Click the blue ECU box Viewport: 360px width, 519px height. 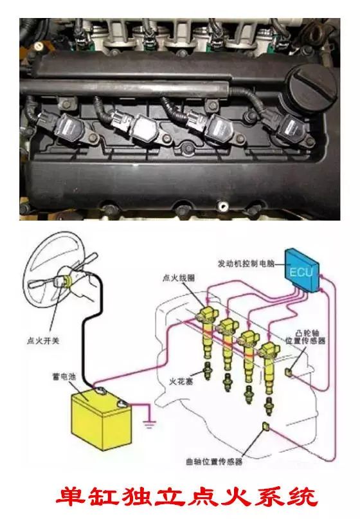[x=301, y=270]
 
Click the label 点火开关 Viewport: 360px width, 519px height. [x=42, y=341]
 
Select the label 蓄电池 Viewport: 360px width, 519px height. [x=64, y=376]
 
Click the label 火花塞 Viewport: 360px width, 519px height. [x=181, y=381]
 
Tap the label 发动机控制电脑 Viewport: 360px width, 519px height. [x=246, y=264]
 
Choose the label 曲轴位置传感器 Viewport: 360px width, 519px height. [x=214, y=462]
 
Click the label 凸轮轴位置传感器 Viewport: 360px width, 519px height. [x=305, y=336]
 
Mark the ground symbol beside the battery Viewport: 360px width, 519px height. [x=149, y=424]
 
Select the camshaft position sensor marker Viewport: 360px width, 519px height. [x=289, y=372]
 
